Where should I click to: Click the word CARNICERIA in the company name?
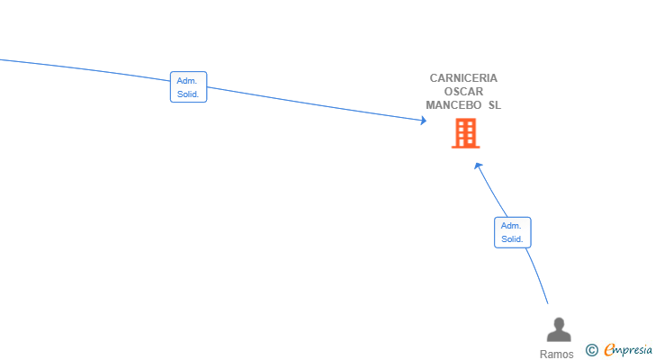[463, 78]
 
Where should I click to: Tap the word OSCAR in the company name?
[463, 92]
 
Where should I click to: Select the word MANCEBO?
[453, 104]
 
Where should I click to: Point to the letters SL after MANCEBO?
[495, 104]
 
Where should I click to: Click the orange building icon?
[466, 133]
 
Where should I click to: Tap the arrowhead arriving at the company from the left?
[424, 121]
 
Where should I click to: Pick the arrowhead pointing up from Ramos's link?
[479, 166]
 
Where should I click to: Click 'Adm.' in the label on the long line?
[187, 81]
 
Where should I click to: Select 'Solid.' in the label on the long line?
[188, 94]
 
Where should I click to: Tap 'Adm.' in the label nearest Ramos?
[511, 226]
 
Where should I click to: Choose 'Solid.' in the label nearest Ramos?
[512, 239]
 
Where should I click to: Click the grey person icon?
[559, 329]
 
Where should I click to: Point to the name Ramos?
[556, 355]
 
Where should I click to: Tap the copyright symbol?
[591, 350]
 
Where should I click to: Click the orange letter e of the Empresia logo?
[610, 349]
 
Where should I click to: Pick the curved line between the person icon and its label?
[538, 275]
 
